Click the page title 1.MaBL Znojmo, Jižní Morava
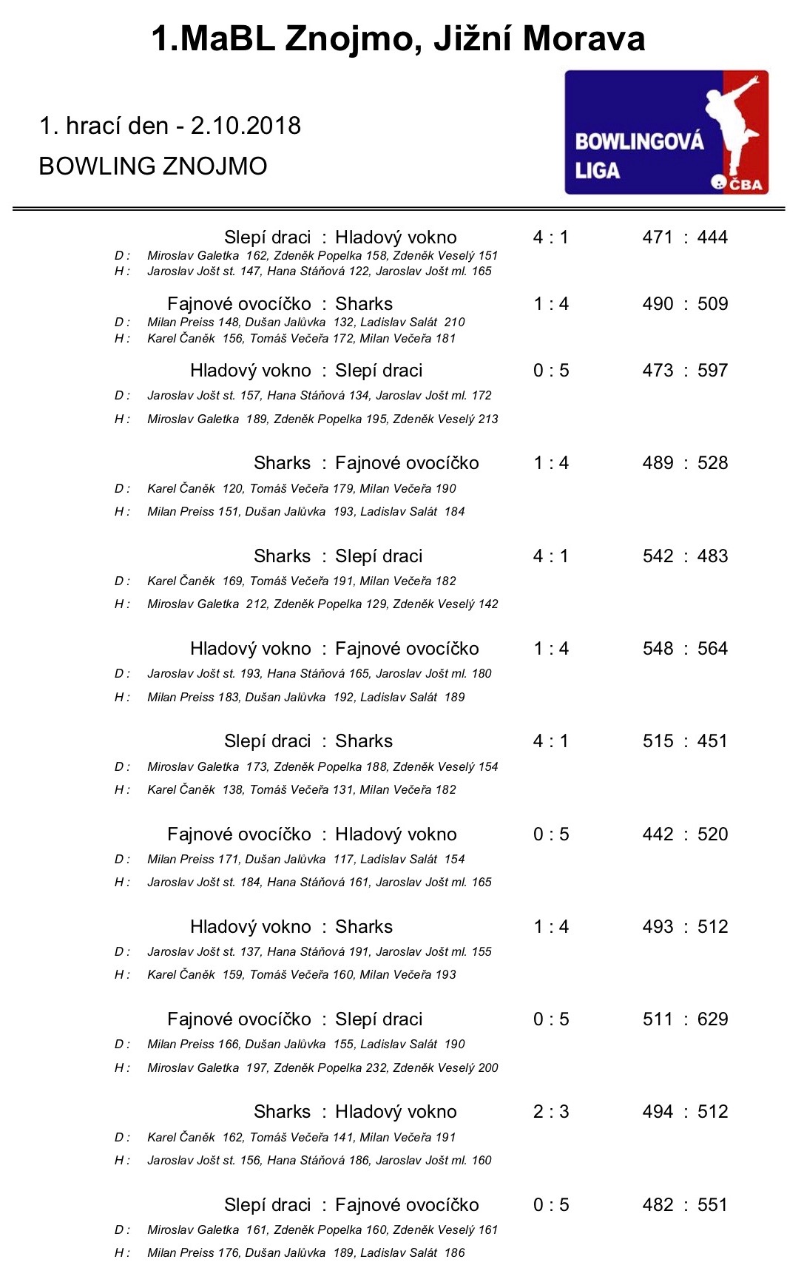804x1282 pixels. coord(398,38)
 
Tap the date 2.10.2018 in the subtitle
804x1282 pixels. coord(246,126)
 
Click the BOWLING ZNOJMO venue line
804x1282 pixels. coord(153,166)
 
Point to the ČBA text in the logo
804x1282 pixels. coord(746,184)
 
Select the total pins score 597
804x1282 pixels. coord(712,371)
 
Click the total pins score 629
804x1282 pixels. coord(712,1019)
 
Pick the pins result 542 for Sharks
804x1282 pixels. coord(658,556)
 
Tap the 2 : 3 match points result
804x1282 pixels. coord(551,1112)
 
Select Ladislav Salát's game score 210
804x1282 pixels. coord(455,322)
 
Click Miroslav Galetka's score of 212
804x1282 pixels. coord(257,604)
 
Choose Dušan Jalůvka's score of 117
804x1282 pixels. coord(344,859)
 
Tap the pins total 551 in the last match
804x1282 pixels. coord(712,1205)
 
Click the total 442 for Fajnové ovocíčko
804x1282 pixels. coord(658,834)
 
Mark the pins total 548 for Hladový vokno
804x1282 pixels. coord(658,649)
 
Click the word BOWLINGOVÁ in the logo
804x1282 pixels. coord(639,141)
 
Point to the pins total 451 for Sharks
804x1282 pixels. coord(712,741)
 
